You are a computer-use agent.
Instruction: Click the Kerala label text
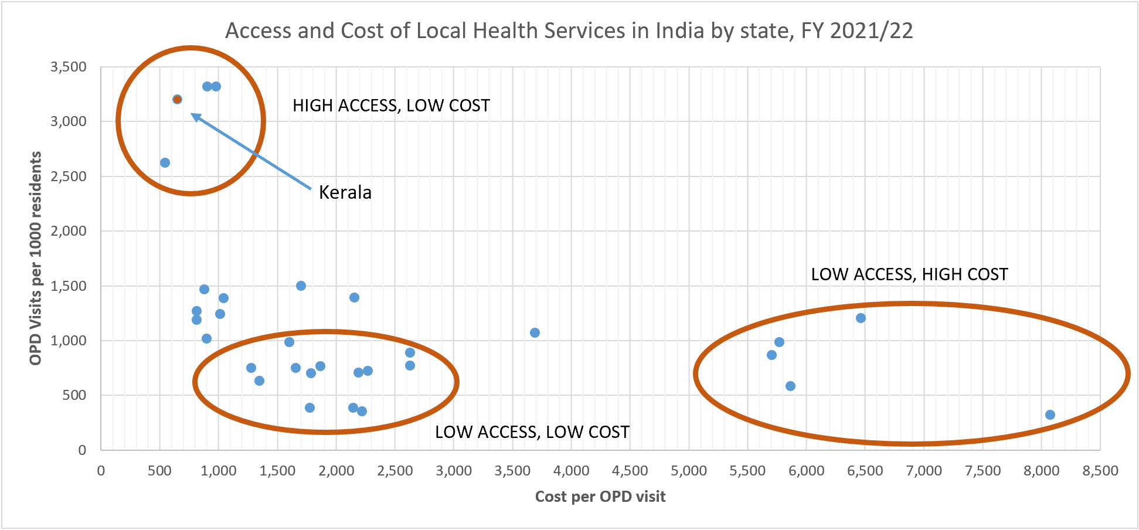pos(345,192)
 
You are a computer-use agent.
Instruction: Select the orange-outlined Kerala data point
pos(177,99)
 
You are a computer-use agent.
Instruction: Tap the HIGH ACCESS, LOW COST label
pos(391,106)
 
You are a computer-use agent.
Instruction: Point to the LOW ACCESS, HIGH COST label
pos(909,274)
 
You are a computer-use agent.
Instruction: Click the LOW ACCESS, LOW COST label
pos(532,432)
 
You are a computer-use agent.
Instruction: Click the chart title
pos(569,30)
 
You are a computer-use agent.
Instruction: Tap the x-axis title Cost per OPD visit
pos(600,497)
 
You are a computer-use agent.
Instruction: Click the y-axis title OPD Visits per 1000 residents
pos(36,258)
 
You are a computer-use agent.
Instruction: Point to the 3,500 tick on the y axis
pos(69,67)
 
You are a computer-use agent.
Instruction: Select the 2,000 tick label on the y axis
pos(69,231)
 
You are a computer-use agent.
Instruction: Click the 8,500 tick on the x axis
pos(1100,471)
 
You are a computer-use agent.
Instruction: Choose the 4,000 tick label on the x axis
pos(571,471)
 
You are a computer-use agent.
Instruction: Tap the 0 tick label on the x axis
pos(101,471)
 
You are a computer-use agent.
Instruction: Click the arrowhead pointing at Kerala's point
pos(196,116)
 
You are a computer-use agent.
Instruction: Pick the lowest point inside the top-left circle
pos(165,162)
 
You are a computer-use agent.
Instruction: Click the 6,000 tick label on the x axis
pos(806,471)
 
